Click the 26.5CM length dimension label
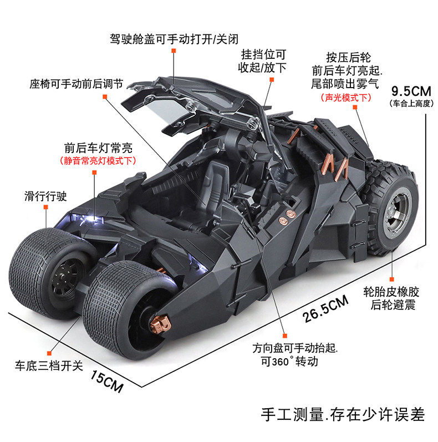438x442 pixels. coord(325,309)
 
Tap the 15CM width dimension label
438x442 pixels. coord(107,381)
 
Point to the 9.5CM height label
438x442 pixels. coord(411,92)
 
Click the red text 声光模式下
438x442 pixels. coord(346,98)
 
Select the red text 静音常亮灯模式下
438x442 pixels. coord(98,161)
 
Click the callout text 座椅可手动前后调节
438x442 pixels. coord(77,84)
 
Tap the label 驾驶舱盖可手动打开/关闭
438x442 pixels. coord(174,39)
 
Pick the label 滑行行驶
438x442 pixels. coord(45,196)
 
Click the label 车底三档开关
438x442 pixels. coord(49,365)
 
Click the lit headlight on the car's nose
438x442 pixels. coord(88,219)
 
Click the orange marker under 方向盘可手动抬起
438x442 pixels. coord(284,336)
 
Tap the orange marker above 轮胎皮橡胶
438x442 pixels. coord(391,280)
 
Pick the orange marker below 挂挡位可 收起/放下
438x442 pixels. coord(272,80)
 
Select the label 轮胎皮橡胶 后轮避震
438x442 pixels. coord(391,298)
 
